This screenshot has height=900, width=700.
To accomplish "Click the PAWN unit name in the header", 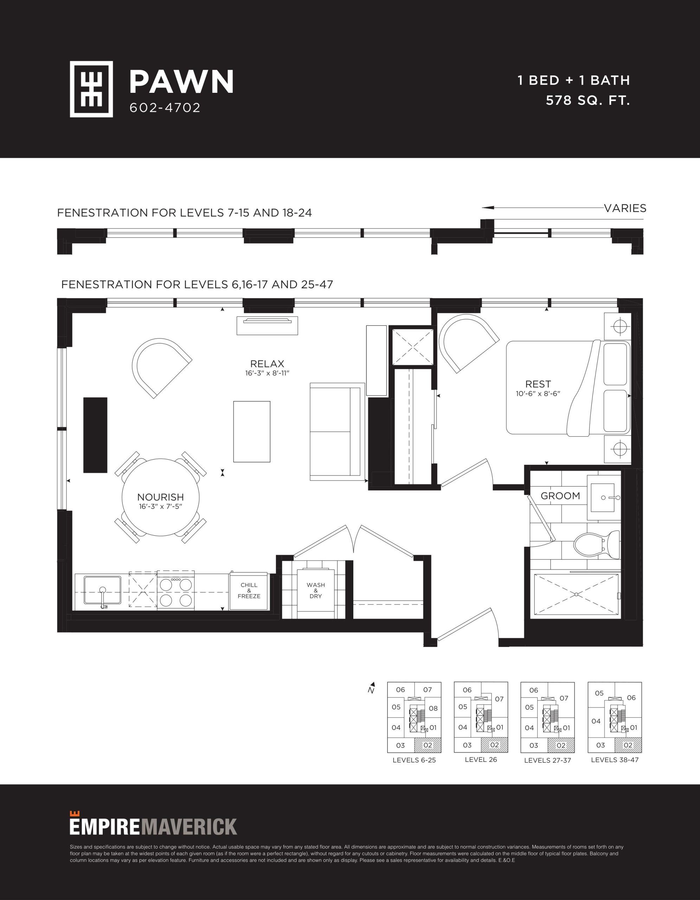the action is click(x=182, y=82).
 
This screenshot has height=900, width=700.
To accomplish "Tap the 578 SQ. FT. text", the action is click(x=588, y=101).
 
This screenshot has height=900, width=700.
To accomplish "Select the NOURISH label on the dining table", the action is click(x=161, y=497).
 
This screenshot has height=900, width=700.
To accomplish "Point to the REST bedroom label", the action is click(x=538, y=384).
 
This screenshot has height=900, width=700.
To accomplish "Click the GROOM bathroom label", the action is click(x=560, y=496).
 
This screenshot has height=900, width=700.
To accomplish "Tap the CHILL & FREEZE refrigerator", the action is click(x=249, y=591).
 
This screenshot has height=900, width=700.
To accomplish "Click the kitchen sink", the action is click(x=103, y=591).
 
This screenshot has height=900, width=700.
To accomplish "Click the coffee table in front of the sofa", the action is click(x=252, y=431).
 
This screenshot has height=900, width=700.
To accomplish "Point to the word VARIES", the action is click(x=625, y=208).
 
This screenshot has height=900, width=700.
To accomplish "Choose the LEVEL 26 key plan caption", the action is click(x=481, y=759).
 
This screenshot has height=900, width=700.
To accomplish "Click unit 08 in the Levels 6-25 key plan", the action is click(x=433, y=708).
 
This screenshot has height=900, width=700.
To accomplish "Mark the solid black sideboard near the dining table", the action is click(x=95, y=435).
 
